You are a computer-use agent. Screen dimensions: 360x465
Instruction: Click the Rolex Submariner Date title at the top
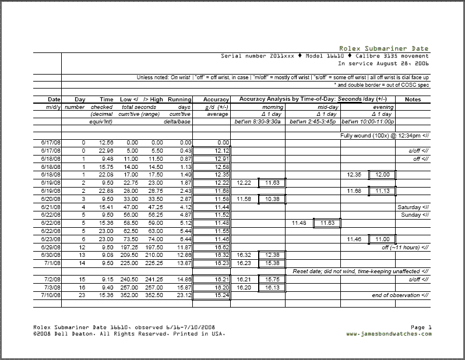[x=384, y=49]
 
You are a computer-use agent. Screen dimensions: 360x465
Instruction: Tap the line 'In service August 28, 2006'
[x=383, y=63]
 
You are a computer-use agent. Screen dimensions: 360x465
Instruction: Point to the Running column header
[x=179, y=100]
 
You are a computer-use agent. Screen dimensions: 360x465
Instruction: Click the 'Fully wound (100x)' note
[x=385, y=135]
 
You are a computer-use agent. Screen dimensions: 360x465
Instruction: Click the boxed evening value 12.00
[x=382, y=175]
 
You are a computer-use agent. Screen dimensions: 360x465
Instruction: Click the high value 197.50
[x=154, y=248]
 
